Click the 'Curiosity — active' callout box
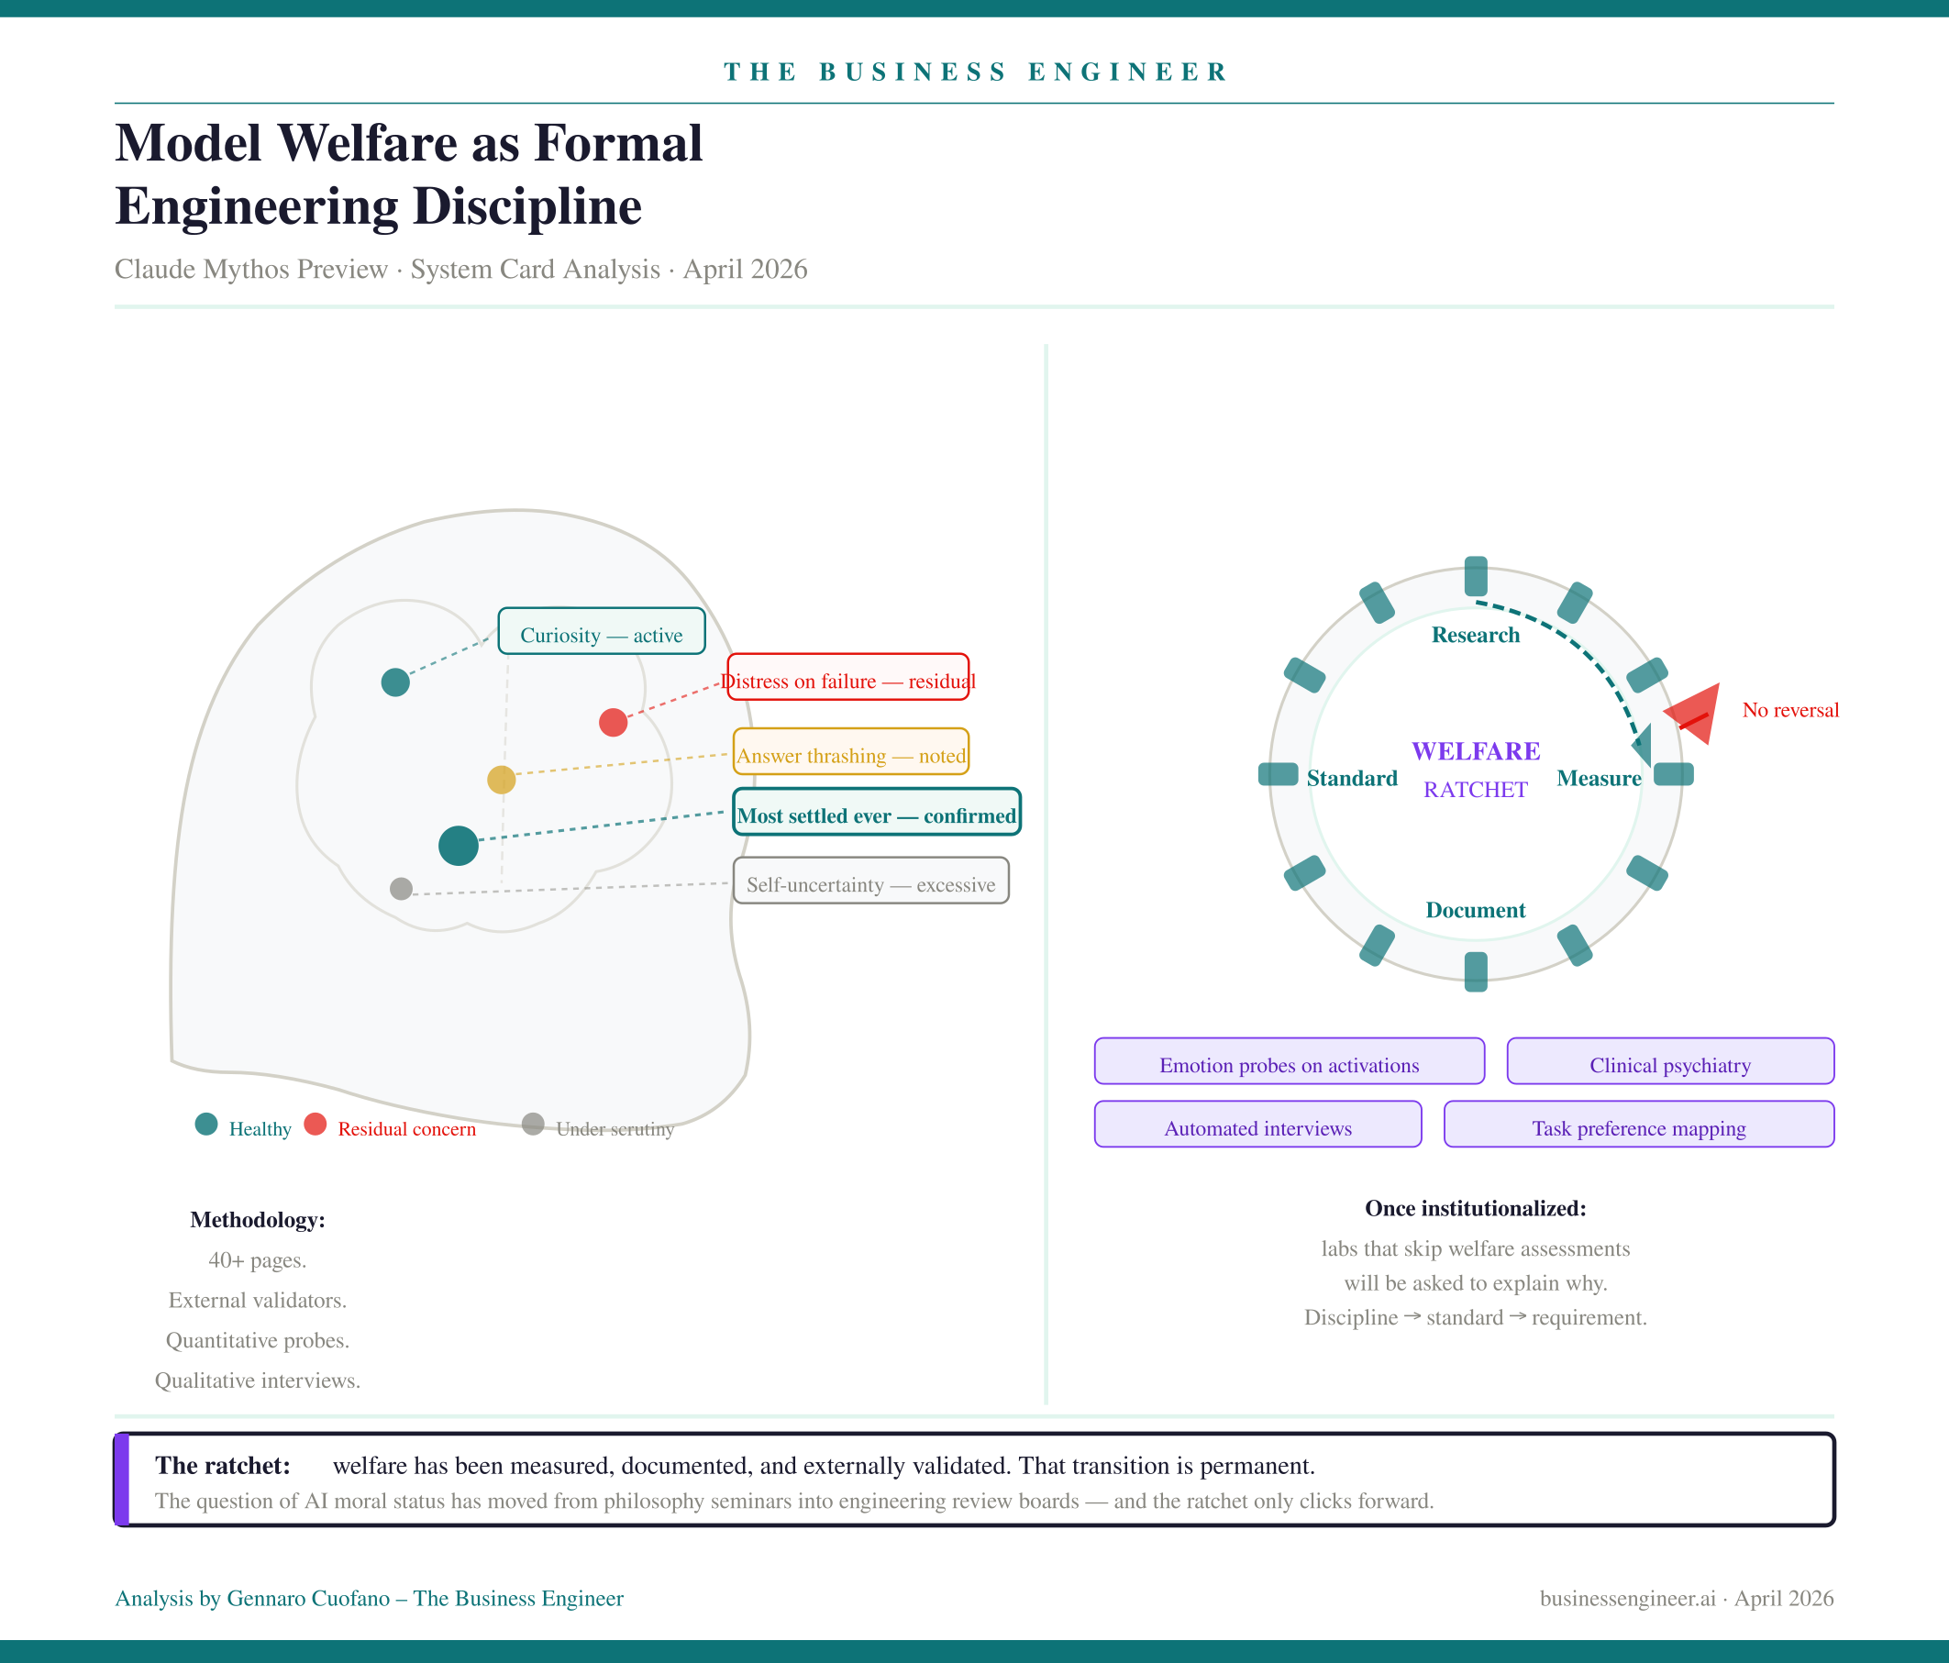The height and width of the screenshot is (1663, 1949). (601, 631)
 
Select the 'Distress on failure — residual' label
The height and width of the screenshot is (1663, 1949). (847, 677)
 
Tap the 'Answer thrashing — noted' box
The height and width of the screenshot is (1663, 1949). (850, 751)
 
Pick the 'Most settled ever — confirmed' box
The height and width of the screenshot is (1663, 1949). (876, 812)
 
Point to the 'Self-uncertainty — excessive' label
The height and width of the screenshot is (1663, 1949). (870, 881)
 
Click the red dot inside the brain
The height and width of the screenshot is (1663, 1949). (614, 723)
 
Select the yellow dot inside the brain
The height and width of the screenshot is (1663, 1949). (502, 780)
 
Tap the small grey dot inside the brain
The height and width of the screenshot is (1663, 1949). (402, 888)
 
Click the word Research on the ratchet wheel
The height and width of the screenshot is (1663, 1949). (1475, 635)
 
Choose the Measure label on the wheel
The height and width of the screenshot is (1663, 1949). (1598, 778)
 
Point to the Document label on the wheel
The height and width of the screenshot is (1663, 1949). (1475, 910)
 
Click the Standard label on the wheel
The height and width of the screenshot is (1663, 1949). (1352, 778)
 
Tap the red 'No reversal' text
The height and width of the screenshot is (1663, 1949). (1790, 710)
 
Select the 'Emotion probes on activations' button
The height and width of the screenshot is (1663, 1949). (1289, 1061)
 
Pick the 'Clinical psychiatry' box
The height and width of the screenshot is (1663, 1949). (1669, 1061)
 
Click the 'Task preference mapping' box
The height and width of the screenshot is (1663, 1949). (1639, 1124)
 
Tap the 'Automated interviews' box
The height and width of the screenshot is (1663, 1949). (1257, 1124)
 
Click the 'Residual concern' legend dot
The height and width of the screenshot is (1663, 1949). (316, 1124)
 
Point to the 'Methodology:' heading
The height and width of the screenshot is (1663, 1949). (258, 1220)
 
